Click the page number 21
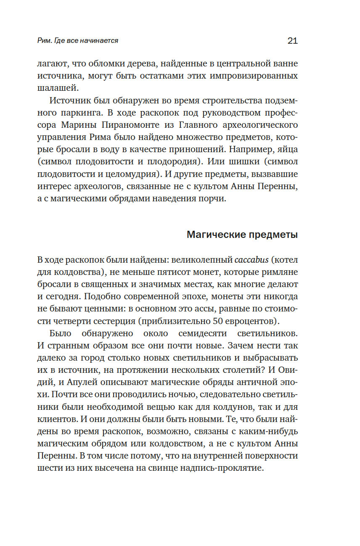pyautogui.click(x=292, y=41)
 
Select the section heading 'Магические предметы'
pyautogui.click(x=242, y=235)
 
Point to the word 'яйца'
pyautogui.click(x=286, y=150)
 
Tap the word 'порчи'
pyautogui.click(x=213, y=199)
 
